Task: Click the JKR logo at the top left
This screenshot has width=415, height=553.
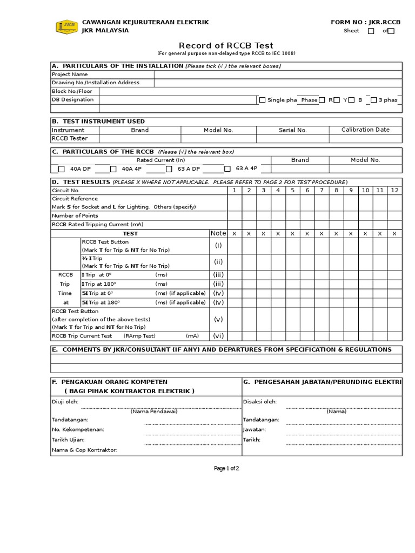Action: coord(66,26)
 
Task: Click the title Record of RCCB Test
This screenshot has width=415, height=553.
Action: coord(226,45)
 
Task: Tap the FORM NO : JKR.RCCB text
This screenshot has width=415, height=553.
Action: coord(366,22)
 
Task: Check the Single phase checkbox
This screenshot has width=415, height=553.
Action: coord(263,100)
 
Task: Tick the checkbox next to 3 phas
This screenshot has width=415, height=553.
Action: coord(373,100)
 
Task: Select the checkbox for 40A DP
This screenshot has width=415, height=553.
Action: coord(62,168)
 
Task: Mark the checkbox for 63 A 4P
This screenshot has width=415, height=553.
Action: coord(227,168)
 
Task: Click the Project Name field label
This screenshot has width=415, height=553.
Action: coord(70,75)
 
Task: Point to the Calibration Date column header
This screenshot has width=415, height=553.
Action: coord(365,130)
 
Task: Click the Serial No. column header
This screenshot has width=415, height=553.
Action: coord(292,130)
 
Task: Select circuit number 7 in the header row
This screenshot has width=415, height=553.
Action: coord(322,190)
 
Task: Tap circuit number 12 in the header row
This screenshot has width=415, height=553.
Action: coord(394,190)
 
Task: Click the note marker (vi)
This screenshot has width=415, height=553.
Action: coord(218,336)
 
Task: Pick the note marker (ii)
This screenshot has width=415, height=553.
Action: coord(218,262)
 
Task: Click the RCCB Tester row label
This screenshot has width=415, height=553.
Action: coord(69,139)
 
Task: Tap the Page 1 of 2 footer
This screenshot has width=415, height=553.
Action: coord(226,468)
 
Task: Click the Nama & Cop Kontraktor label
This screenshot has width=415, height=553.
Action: coord(84,450)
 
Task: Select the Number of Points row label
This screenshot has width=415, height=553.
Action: coord(75,215)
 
